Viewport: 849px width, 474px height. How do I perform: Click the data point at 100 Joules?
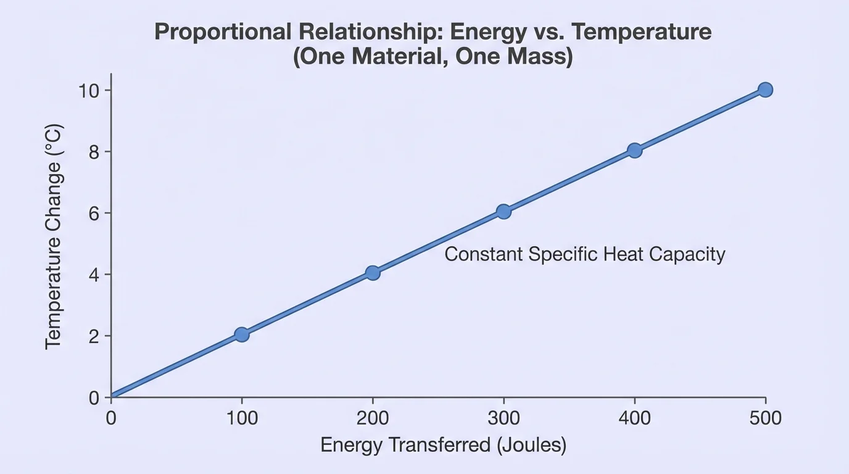(242, 335)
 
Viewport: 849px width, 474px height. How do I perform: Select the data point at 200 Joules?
(373, 273)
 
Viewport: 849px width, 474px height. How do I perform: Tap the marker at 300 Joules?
(503, 212)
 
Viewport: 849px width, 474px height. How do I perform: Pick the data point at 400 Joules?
(634, 150)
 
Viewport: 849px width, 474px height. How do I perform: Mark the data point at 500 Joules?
(765, 89)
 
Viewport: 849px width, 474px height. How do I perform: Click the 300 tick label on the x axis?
(503, 418)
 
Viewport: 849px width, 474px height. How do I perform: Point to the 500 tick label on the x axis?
(765, 418)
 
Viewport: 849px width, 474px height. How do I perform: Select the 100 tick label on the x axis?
(242, 418)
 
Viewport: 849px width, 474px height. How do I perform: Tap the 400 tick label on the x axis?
(634, 418)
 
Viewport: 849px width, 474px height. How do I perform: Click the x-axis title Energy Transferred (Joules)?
(443, 446)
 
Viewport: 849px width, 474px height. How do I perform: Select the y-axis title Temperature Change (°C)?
(54, 237)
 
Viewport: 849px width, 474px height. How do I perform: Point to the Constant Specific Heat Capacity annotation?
(584, 254)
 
